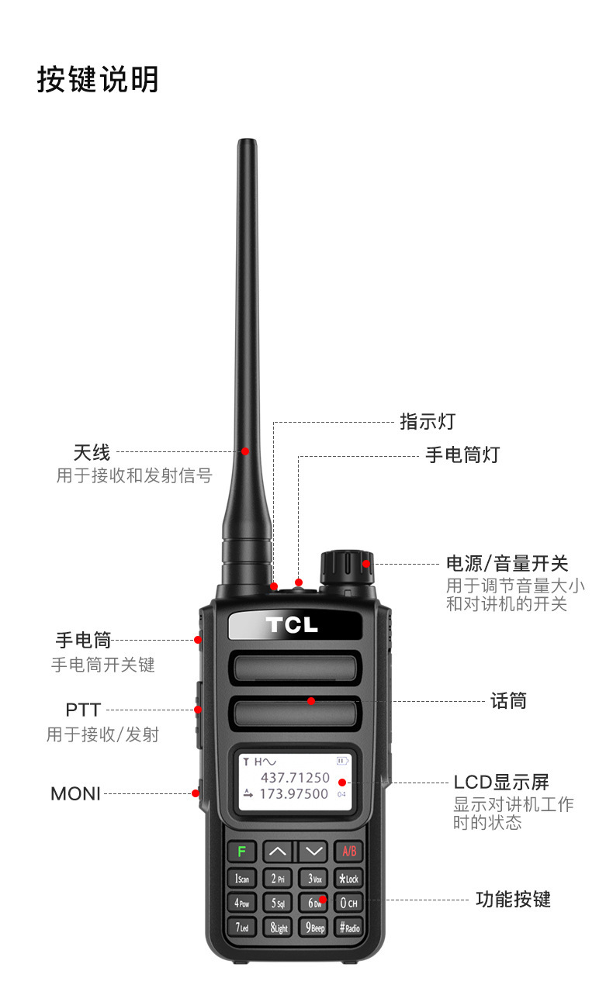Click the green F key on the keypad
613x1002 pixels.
[x=241, y=851]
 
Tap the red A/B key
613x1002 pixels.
[x=349, y=851]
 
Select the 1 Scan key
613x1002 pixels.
[x=241, y=879]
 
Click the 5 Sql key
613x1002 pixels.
[x=278, y=903]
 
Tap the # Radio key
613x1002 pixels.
[x=349, y=928]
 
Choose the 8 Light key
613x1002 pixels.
[x=279, y=928]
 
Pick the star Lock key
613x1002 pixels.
[x=349, y=879]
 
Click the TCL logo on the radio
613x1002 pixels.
[x=292, y=625]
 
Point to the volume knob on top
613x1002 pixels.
[x=347, y=567]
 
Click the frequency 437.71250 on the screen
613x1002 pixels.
[x=296, y=777]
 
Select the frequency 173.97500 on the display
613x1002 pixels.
[x=294, y=794]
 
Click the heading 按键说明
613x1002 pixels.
[x=98, y=79]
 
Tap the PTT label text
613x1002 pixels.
[x=83, y=710]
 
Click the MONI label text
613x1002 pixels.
[x=75, y=794]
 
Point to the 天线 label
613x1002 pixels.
[x=92, y=452]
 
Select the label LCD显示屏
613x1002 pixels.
[x=501, y=783]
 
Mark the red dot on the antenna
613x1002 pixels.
[x=245, y=451]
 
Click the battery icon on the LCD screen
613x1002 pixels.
[x=342, y=761]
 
